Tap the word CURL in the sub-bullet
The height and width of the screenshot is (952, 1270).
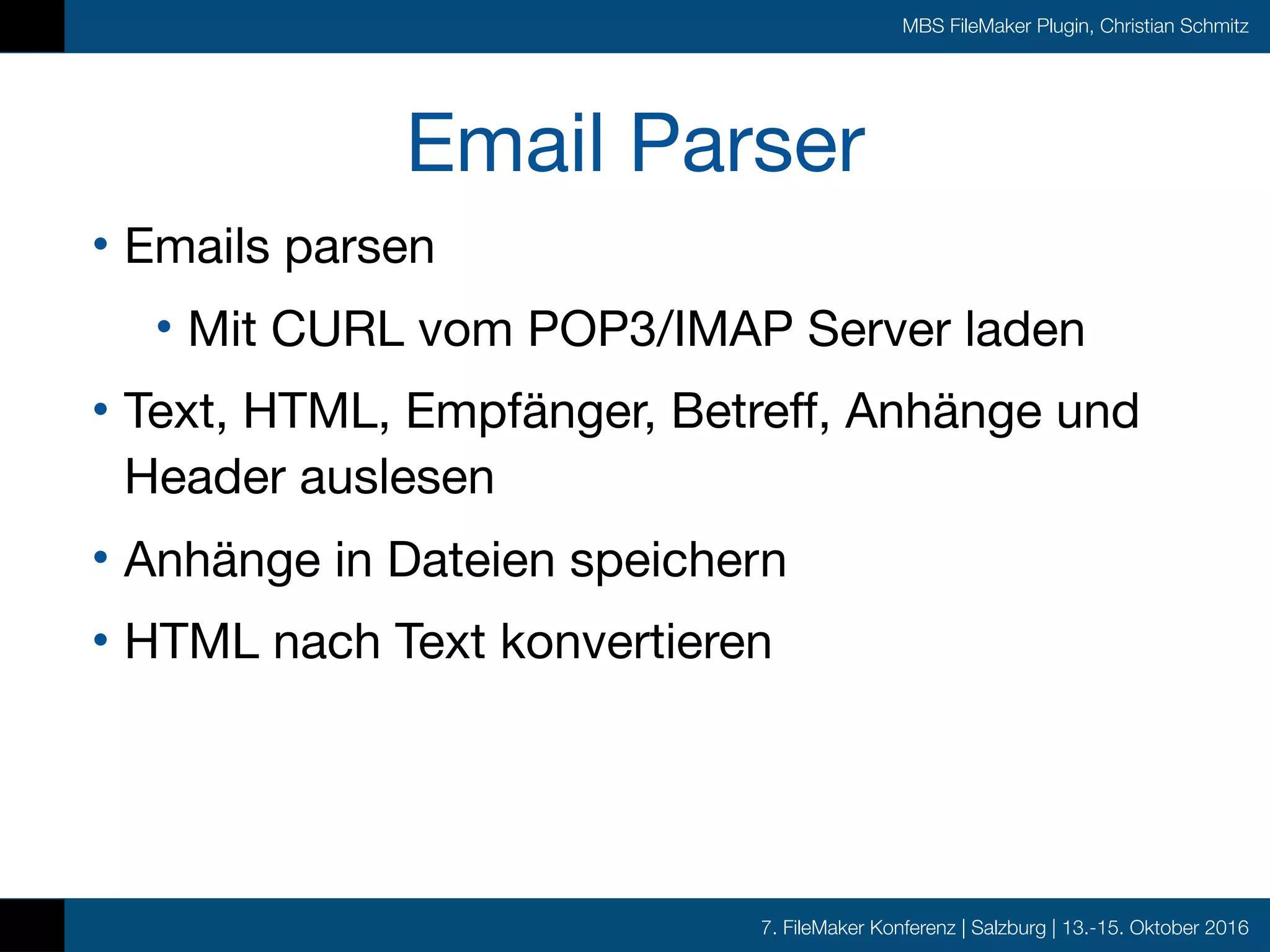338,329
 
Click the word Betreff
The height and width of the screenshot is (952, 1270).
750,411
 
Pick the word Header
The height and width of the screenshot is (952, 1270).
205,477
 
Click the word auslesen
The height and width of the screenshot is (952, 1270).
397,477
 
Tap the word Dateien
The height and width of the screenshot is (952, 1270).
471,560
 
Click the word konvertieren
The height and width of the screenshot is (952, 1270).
636,642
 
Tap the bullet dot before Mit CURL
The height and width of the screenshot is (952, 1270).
164,327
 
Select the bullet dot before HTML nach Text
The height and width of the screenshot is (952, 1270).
100,639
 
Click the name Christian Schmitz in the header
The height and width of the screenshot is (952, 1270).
1174,27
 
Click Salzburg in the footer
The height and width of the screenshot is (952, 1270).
1008,928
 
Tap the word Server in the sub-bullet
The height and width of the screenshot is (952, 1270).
879,329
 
